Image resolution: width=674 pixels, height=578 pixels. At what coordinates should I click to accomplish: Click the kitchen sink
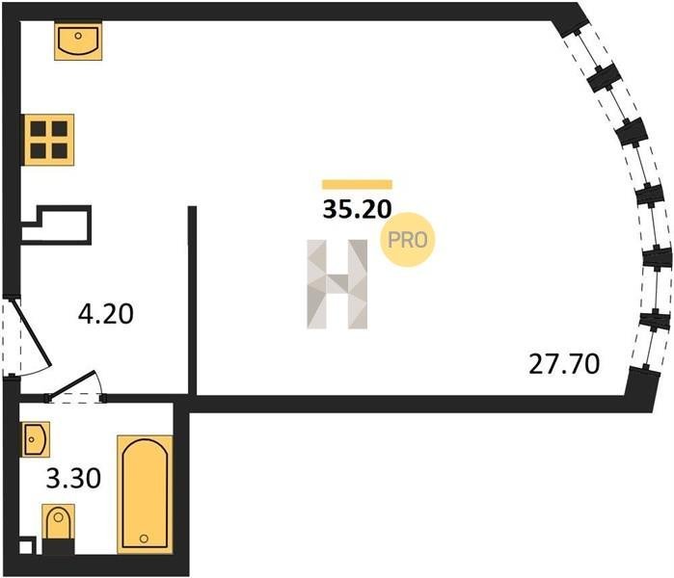coord(78,41)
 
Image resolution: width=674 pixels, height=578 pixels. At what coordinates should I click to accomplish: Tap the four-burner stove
coord(48,140)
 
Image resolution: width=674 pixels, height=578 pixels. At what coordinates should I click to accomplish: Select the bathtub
coord(145,494)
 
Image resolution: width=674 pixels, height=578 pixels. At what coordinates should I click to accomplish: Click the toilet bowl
coord(59,521)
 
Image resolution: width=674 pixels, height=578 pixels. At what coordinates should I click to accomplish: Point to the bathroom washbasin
coord(36,439)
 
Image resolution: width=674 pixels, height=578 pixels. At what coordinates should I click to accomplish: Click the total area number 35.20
coord(357,210)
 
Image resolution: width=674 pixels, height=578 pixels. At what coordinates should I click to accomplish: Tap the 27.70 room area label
coord(564,364)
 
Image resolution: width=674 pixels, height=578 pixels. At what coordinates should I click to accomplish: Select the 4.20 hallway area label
coord(106,313)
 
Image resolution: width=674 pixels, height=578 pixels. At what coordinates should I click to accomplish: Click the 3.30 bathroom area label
coord(73,479)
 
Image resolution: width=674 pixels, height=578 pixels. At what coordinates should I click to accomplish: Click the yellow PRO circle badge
coord(408,240)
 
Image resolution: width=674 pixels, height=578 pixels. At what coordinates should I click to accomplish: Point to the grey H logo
coord(337,284)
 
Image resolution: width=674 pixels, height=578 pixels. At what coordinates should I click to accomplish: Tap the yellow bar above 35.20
coord(357,185)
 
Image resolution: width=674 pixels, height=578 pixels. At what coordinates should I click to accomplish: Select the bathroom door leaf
coord(72,383)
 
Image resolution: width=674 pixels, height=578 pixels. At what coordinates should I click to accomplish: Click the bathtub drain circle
coord(144,539)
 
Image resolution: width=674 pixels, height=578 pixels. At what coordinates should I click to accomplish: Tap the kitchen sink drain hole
coord(78,36)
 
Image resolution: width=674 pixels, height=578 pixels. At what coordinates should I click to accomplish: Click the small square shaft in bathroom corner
coord(26,545)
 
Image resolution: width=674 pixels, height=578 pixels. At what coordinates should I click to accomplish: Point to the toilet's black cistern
coord(59,546)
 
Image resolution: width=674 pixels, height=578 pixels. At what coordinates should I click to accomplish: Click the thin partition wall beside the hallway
coord(193,301)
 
